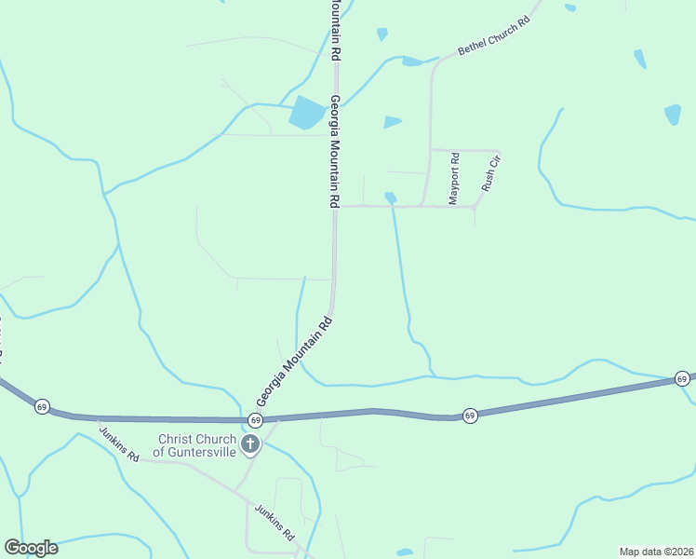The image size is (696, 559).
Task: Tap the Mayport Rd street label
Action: tap(455, 179)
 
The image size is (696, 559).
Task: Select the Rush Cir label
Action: tap(491, 174)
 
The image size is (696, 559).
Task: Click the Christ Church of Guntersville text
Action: tap(198, 445)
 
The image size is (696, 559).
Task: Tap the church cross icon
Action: tap(249, 444)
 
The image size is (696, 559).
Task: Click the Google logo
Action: tap(31, 548)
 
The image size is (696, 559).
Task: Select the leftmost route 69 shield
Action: tap(42, 407)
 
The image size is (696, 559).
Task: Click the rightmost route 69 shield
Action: tap(682, 378)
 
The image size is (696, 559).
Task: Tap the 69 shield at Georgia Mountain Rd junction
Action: tap(255, 422)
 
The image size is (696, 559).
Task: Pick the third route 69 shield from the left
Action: tap(470, 416)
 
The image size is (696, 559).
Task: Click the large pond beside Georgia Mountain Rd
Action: tap(306, 113)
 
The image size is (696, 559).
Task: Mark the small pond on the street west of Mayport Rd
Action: tap(390, 198)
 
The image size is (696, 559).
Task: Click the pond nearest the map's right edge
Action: tap(673, 115)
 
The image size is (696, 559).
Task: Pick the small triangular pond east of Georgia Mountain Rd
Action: tap(392, 122)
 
